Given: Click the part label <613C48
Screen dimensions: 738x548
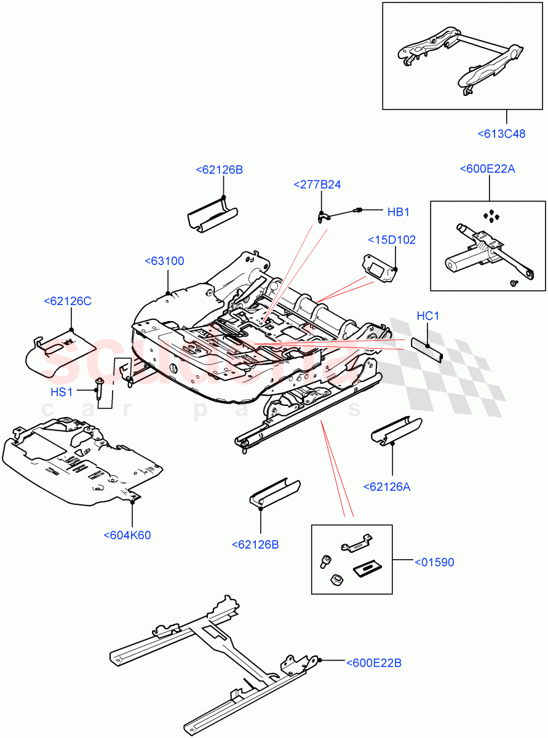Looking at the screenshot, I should coord(501,133).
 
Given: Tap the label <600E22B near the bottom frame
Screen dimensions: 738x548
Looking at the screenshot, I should coord(373,662).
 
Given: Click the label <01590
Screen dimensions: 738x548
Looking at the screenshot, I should coord(434,562).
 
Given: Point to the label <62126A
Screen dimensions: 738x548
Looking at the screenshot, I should coord(386,487).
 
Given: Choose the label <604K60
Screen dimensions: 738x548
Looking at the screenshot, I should coord(127,535).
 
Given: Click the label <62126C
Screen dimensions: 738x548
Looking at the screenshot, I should coord(68,301).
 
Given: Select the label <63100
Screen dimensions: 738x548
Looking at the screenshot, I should coord(164,261).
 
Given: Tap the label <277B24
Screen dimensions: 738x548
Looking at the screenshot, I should coord(317,184).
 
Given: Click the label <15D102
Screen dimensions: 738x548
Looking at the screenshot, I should coord(392,239).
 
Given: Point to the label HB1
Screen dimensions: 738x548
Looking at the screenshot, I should coord(398,212).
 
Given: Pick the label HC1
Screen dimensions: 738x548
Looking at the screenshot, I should coord(427,316).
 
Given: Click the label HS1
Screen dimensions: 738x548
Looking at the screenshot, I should coord(62,392).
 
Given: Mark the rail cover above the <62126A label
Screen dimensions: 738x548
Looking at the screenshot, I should coord(396,429).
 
